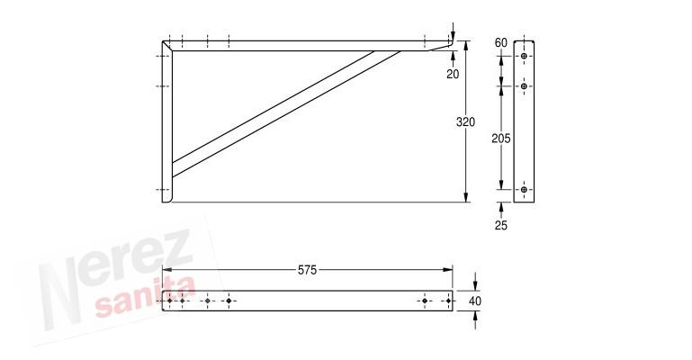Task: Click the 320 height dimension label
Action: (465, 121)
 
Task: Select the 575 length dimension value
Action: (307, 270)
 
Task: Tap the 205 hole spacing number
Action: (501, 139)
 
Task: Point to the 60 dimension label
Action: (501, 43)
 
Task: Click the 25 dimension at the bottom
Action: (501, 225)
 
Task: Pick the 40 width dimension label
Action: (475, 301)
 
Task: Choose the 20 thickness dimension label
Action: (453, 74)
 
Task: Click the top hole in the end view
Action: (524, 56)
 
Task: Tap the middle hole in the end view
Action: (524, 86)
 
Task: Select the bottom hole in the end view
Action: (524, 190)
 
